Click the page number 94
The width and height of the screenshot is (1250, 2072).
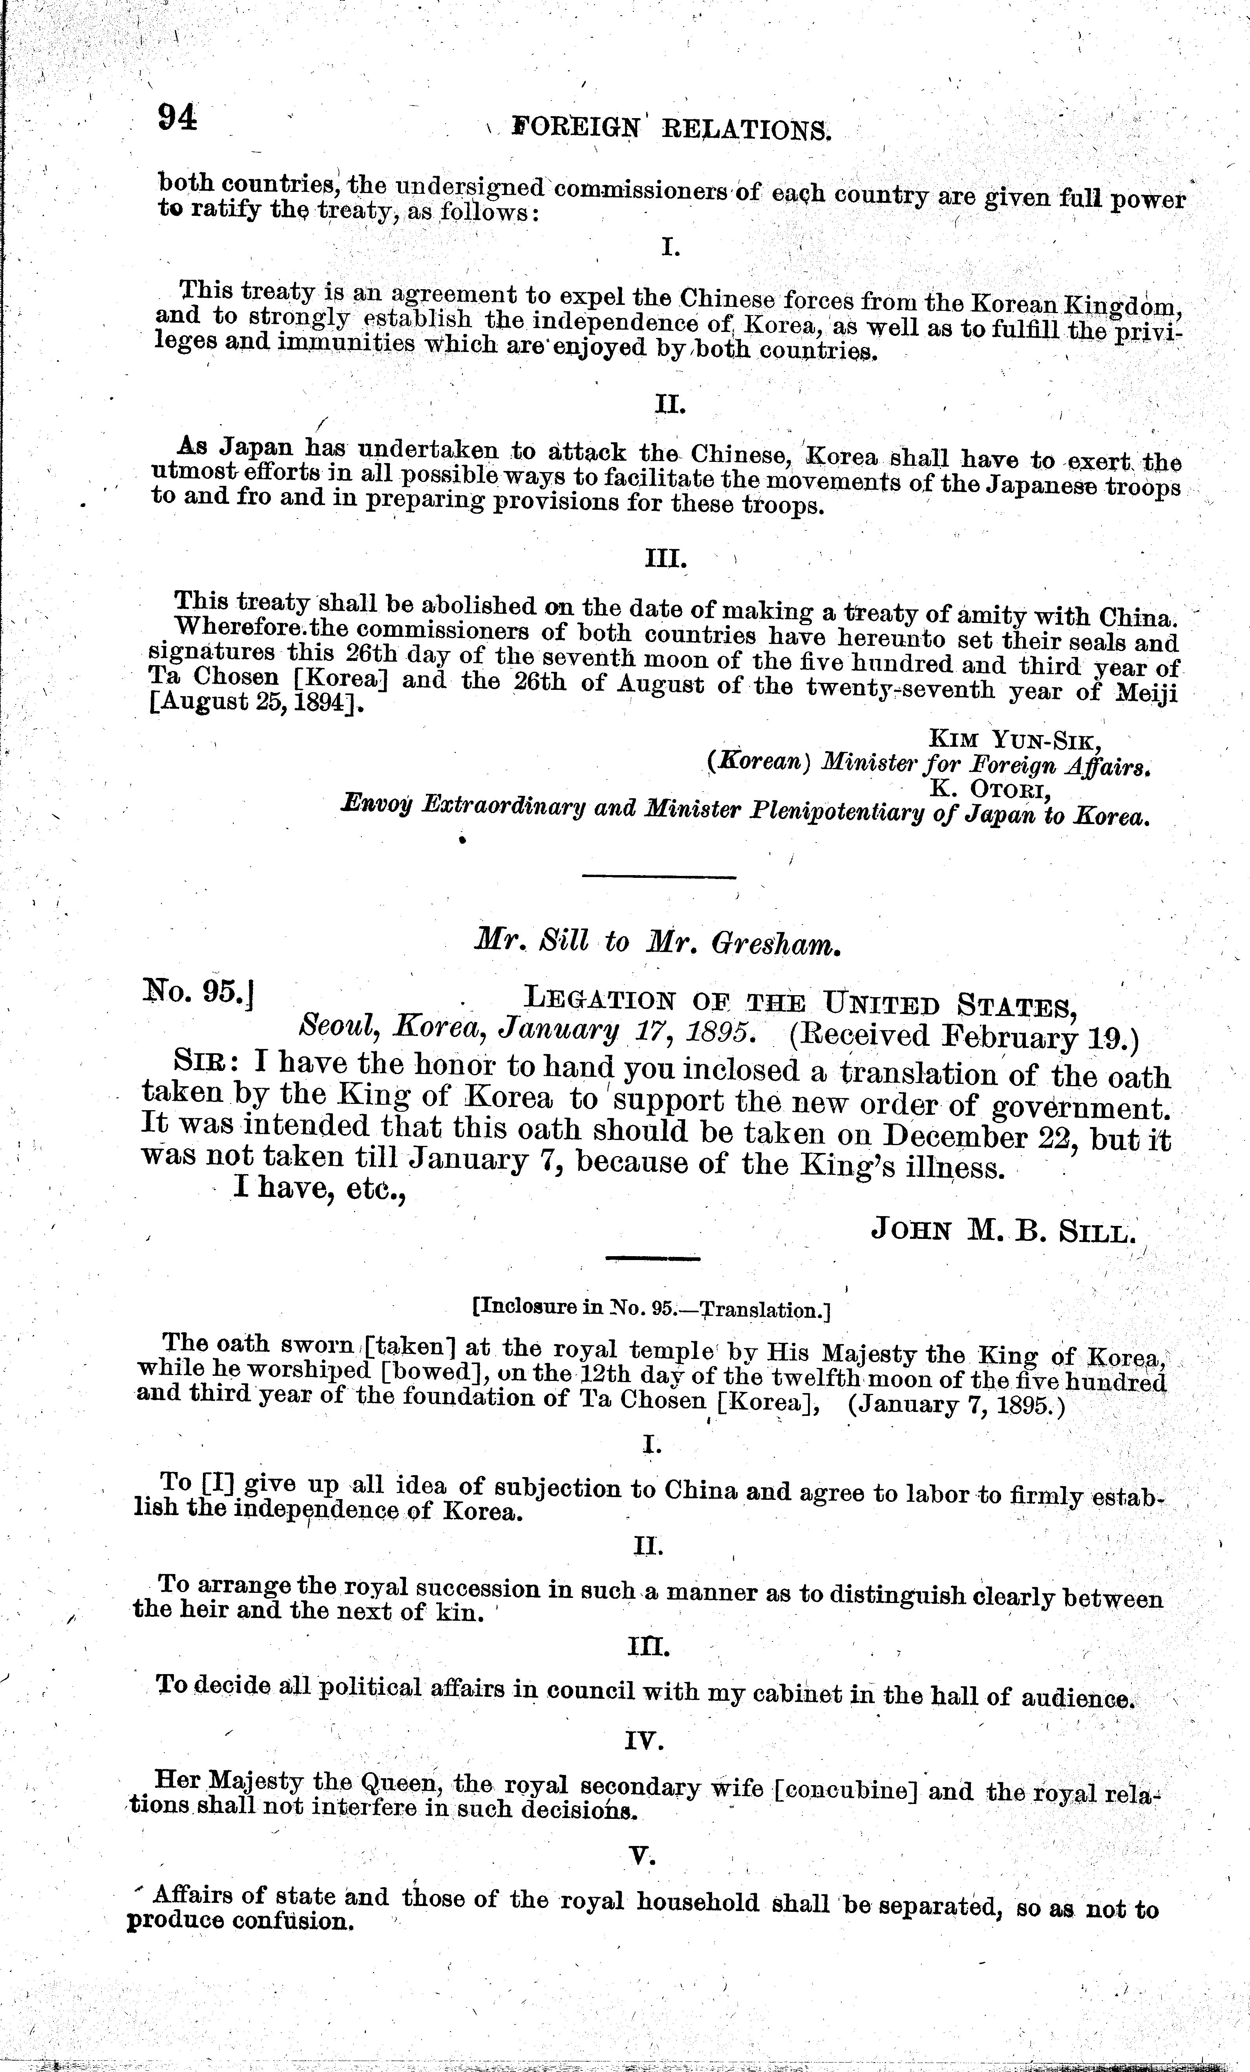click(x=177, y=117)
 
